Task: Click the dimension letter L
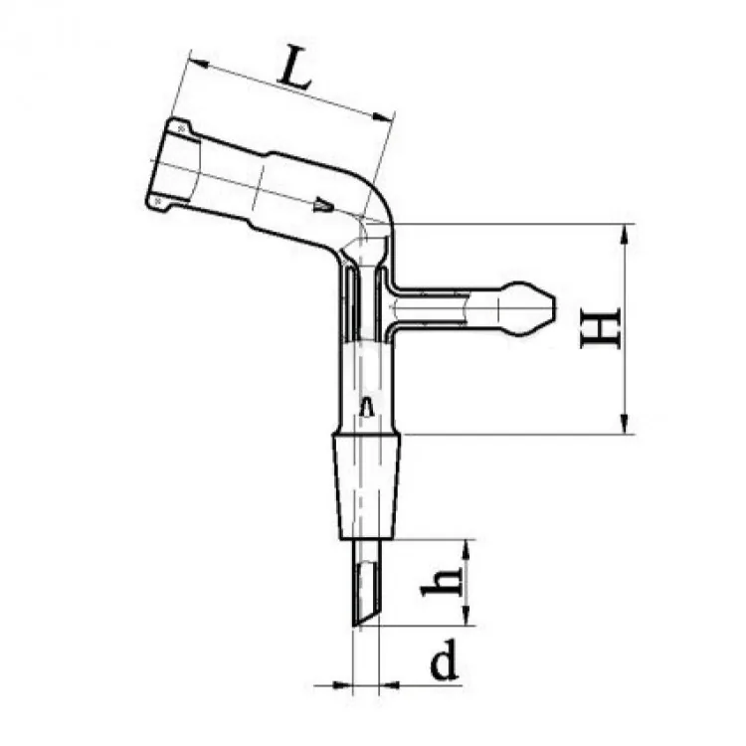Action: coord(296,68)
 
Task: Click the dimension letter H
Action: coord(601,328)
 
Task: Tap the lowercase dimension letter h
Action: coord(442,582)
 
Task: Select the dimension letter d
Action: coord(445,659)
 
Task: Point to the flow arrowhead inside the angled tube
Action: coord(324,205)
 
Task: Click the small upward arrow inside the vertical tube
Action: coord(366,407)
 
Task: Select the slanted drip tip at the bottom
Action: coord(366,583)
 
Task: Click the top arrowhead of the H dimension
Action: coord(625,235)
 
